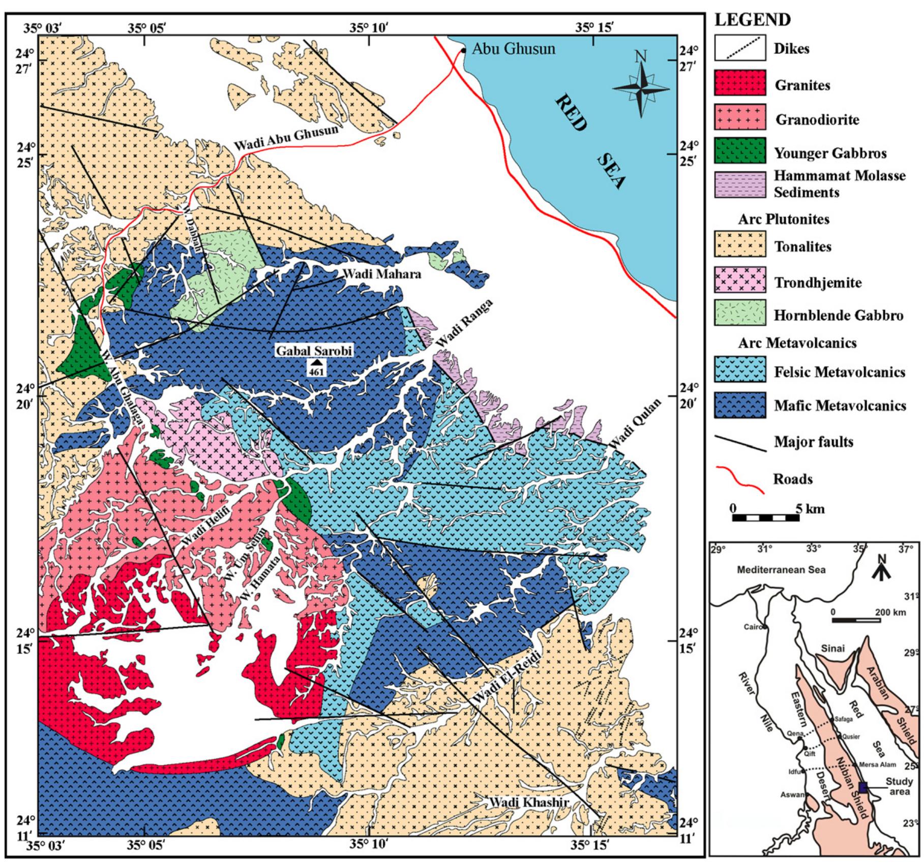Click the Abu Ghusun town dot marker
pyautogui.click(x=463, y=50)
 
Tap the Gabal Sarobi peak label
pyautogui.click(x=314, y=351)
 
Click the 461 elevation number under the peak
pyautogui.click(x=316, y=372)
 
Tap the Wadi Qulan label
pyautogui.click(x=636, y=423)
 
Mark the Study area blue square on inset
pyautogui.click(x=863, y=787)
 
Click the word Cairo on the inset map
pyautogui.click(x=753, y=627)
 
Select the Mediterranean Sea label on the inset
pyautogui.click(x=781, y=570)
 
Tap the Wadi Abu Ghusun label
pyautogui.click(x=285, y=138)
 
